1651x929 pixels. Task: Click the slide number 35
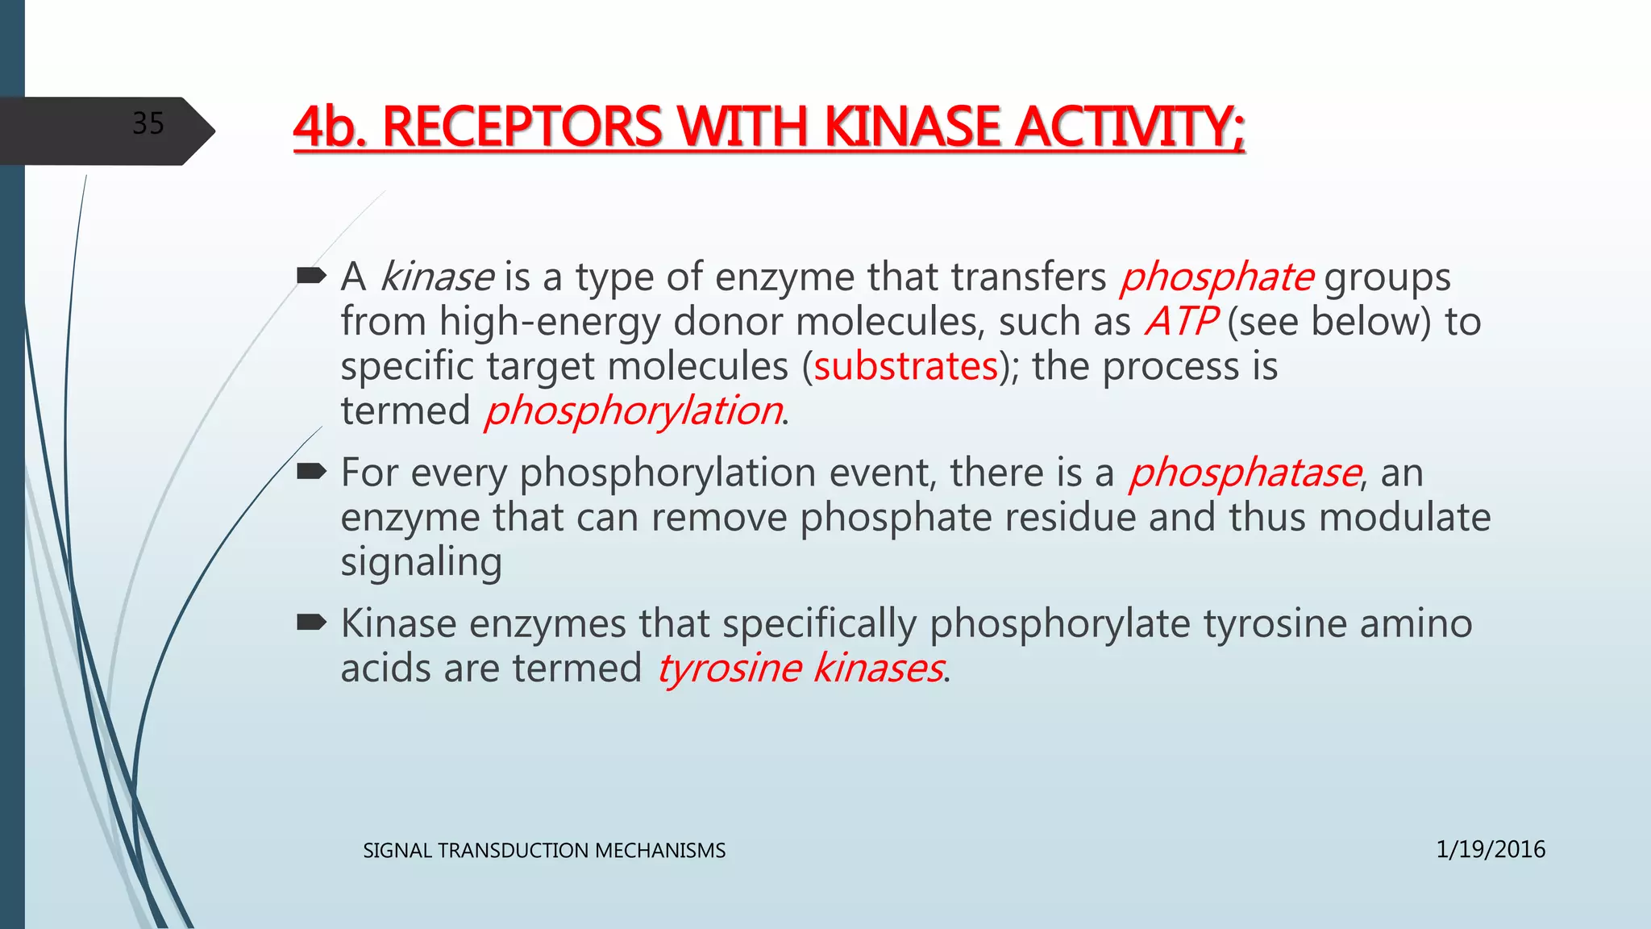148,123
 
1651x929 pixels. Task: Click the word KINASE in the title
912,128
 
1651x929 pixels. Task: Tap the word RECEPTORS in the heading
522,128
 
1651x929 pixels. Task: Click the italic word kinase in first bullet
436,277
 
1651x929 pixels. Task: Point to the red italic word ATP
1180,322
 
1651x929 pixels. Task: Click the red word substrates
906,367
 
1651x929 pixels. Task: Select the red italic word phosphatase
1245,473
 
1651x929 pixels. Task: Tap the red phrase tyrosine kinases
800,669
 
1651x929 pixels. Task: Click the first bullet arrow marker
311,277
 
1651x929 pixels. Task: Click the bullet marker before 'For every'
311,472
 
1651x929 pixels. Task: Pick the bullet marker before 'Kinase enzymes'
311,623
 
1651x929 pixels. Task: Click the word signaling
421,562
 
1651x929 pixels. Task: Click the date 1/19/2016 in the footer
1490,849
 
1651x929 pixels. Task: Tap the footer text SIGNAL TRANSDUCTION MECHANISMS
544,851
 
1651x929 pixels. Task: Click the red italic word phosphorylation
633,411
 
